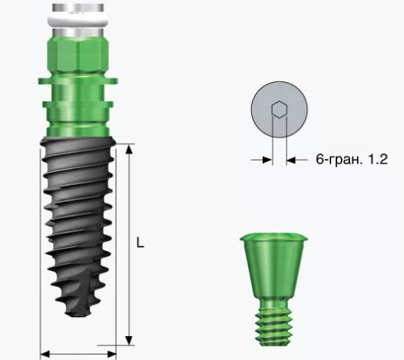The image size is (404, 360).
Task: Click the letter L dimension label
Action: coord(140,243)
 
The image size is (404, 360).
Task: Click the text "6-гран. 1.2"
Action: coord(352,159)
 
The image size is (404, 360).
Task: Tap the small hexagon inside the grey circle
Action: coord(279,110)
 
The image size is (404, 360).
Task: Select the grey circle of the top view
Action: coord(280,110)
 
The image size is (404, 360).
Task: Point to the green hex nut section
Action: coord(78,55)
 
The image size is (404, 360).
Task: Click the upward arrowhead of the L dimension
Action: coord(129,149)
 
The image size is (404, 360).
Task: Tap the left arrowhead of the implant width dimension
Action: coord(45,354)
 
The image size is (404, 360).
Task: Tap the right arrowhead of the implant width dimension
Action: coord(111,354)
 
